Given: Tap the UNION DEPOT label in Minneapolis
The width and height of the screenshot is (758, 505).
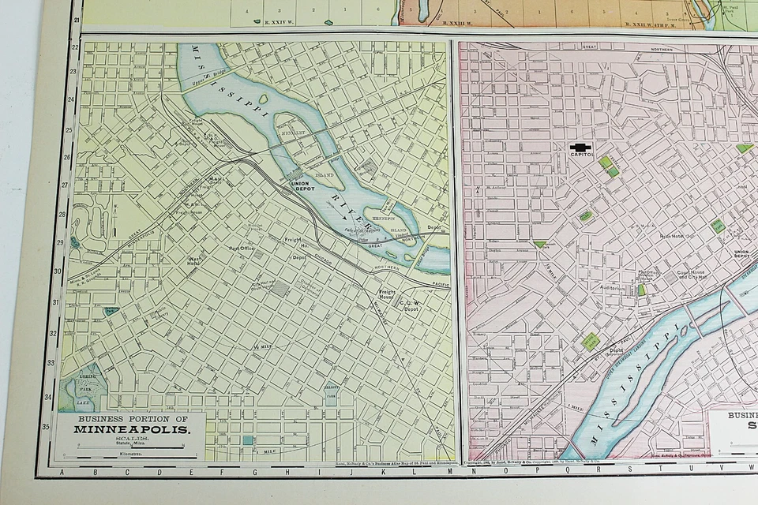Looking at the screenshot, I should (299, 187).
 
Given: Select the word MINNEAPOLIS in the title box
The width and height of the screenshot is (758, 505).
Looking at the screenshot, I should (133, 430).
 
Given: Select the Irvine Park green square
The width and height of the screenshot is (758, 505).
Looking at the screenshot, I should (589, 341).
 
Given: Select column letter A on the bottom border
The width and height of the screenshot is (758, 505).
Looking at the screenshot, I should (62, 472).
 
